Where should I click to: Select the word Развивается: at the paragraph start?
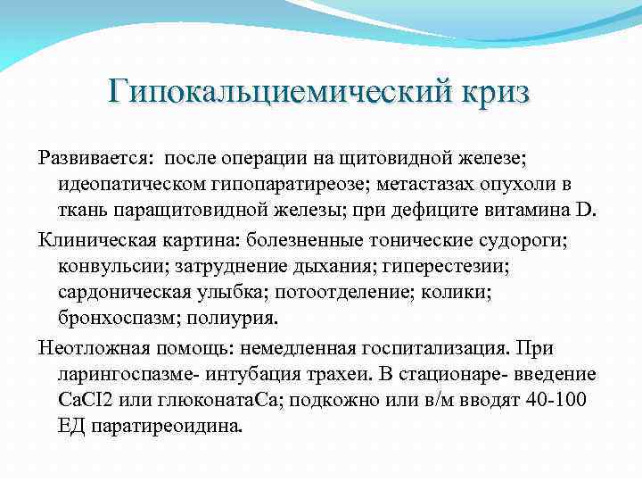(95, 159)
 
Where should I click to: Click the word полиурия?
(240, 317)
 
